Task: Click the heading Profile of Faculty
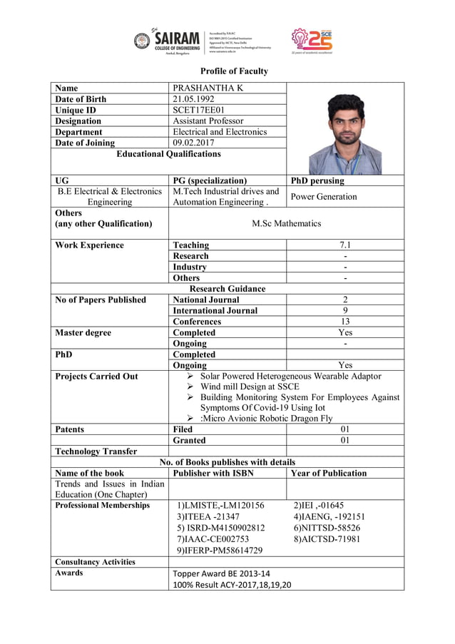pos(234,71)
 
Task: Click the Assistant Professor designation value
pos(208,121)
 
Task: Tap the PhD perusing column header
pos(317,180)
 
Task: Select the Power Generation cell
pos(323,196)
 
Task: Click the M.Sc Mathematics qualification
pos(287,223)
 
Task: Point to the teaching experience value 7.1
pos(345,245)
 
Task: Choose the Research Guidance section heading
pos(227,289)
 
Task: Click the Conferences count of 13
pos(345,322)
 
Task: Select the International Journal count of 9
pos(345,310)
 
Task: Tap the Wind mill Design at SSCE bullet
pos(248,387)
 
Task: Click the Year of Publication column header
pos(329,473)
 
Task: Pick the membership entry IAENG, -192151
pos(329,516)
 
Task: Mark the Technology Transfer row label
pos(96,451)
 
